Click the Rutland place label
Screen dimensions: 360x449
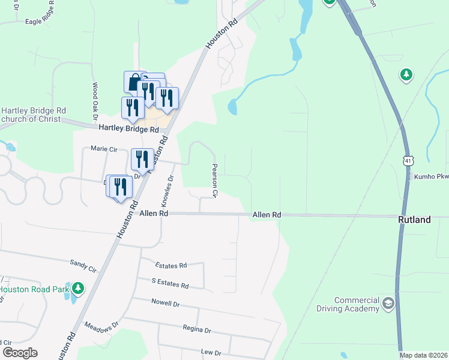pos(414,220)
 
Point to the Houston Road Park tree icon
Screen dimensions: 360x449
pos(77,289)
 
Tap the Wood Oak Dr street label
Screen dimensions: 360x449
pos(95,100)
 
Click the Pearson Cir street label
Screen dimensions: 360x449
pos(215,181)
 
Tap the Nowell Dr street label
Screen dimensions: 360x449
pos(166,304)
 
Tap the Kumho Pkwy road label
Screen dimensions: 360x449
pos(432,177)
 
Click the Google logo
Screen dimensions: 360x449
pos(20,353)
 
